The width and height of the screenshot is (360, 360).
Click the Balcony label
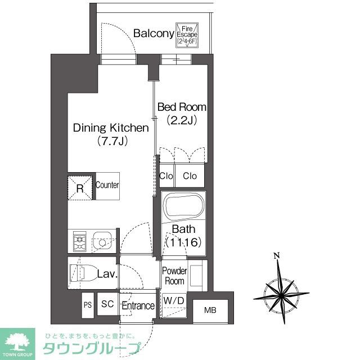(x=153, y=34)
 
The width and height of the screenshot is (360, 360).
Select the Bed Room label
(x=181, y=107)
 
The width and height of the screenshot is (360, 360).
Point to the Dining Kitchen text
(x=111, y=128)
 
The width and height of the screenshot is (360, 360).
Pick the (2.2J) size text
(x=181, y=120)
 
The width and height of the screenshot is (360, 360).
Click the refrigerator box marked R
(x=80, y=187)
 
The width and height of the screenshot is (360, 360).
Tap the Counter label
(x=107, y=185)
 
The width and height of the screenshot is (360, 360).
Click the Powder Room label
(x=174, y=276)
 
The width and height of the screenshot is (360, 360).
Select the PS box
(x=87, y=304)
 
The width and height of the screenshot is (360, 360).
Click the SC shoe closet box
(x=107, y=304)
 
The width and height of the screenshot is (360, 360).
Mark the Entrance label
(x=138, y=306)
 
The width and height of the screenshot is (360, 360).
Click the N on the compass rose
(x=276, y=256)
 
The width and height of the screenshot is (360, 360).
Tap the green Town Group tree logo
(x=16, y=341)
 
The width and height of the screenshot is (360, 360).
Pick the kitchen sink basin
(x=102, y=243)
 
